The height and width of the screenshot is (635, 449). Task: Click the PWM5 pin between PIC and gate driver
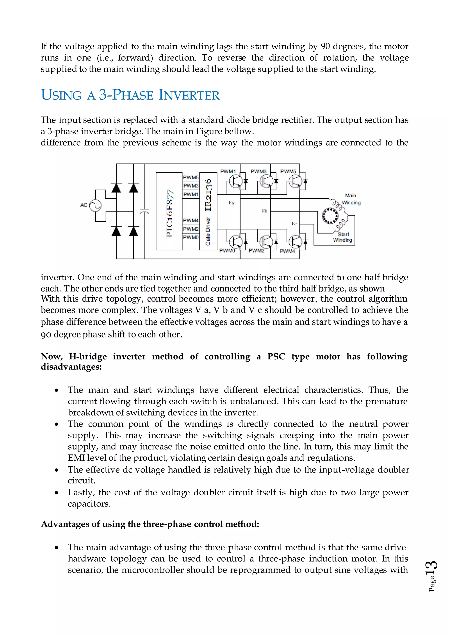pos(191,177)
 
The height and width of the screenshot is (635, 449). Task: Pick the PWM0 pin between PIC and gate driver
pos(191,237)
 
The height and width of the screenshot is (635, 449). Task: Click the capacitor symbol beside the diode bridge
pos(144,211)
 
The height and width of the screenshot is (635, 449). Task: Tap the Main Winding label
pos(351,199)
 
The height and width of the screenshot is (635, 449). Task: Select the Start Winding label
pos(343,237)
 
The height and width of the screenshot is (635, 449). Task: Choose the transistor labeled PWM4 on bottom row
pos(296,241)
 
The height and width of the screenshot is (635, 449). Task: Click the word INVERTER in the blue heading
pos(189,95)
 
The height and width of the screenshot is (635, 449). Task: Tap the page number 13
pos(432,569)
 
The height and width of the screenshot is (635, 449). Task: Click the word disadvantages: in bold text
pos(71,367)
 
